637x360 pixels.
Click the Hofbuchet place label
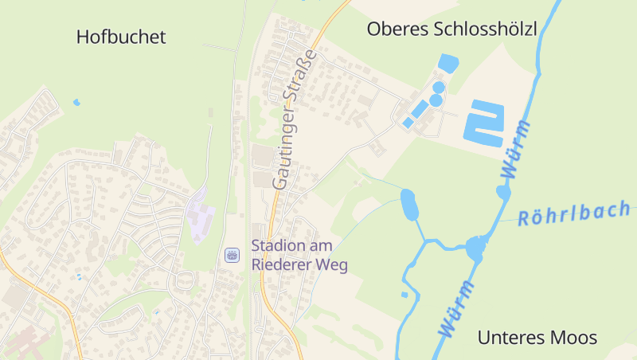point(121,37)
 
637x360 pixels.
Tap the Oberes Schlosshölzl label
point(451,29)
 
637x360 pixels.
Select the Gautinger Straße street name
point(295,119)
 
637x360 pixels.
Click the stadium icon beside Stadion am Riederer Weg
point(233,255)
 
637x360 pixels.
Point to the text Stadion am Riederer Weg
point(299,255)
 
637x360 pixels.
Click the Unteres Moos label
point(537,338)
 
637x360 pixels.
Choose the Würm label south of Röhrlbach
point(456,307)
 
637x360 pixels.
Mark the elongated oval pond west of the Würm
point(410,205)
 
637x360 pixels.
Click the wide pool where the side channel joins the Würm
point(475,249)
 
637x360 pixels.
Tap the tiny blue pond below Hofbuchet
point(77,102)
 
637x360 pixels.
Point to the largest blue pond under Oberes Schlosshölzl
point(448,62)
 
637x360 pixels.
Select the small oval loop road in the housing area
point(185,279)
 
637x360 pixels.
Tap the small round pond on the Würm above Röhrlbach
point(503,192)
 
